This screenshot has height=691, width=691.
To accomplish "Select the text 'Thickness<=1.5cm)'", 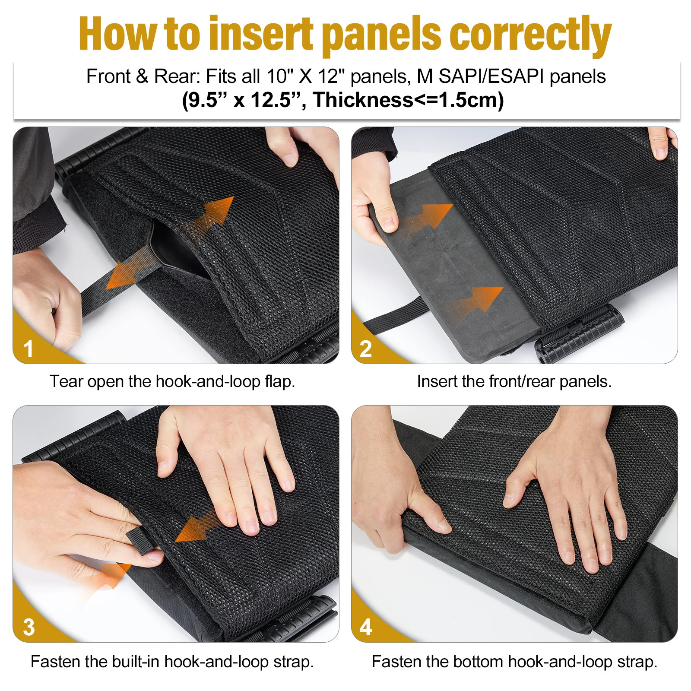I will pyautogui.click(x=409, y=100).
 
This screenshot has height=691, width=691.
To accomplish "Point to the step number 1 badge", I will pyautogui.click(x=29, y=349).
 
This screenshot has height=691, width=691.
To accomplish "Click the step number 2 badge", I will pyautogui.click(x=366, y=349).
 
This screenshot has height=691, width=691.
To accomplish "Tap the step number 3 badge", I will pyautogui.click(x=29, y=627).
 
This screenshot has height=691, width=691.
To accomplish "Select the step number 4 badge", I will pyautogui.click(x=366, y=627).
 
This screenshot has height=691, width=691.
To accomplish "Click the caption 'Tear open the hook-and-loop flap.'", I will pyautogui.click(x=172, y=381).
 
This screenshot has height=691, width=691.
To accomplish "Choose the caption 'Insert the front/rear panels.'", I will pyautogui.click(x=514, y=381).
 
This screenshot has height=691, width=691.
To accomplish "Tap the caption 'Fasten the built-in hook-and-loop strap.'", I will pyautogui.click(x=172, y=662).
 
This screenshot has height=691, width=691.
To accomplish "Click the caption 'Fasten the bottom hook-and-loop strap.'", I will pyautogui.click(x=514, y=662).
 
